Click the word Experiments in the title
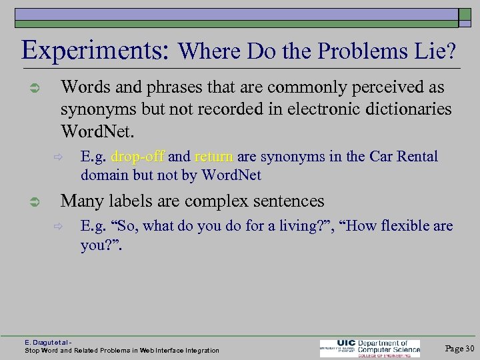click(x=97, y=50)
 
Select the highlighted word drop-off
click(x=138, y=157)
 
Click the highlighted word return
click(x=213, y=157)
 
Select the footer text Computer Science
click(x=389, y=347)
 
